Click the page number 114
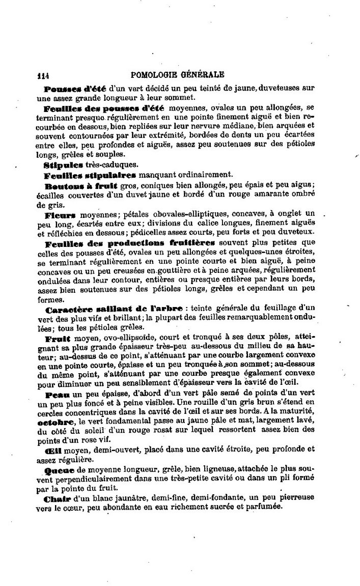(x=43, y=76)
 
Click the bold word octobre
(x=54, y=422)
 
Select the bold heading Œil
(x=52, y=449)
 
